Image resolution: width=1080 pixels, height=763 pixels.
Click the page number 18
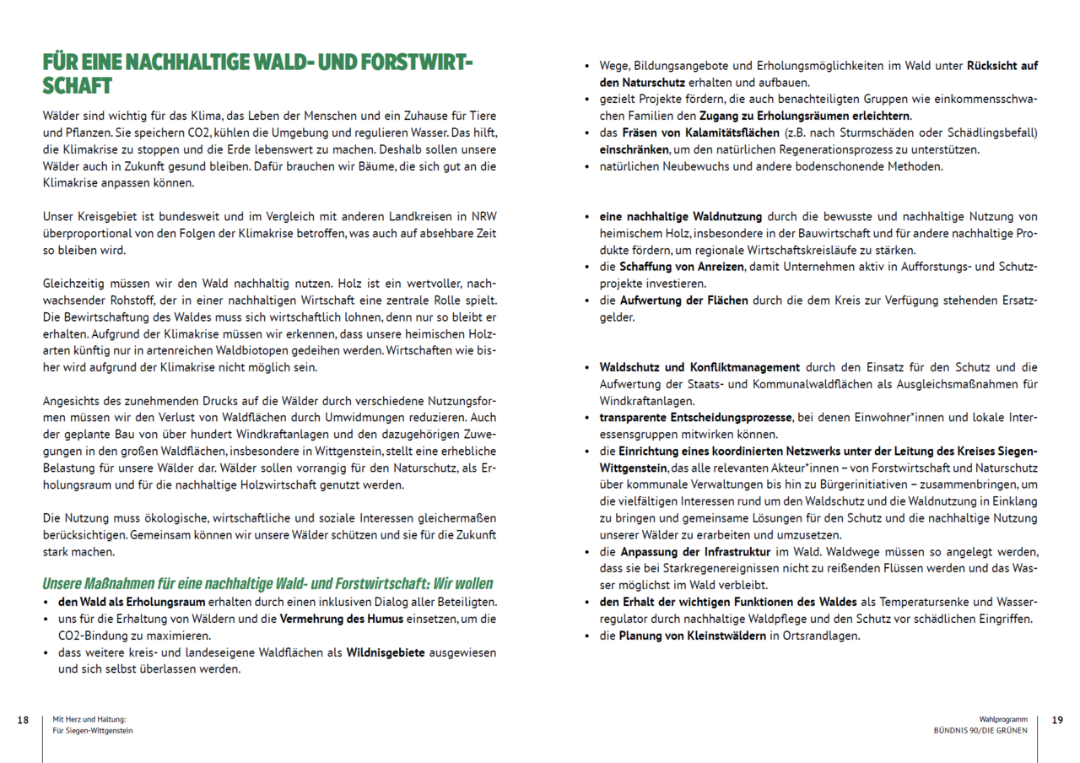click(x=23, y=720)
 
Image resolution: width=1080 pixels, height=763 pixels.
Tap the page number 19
click(x=1057, y=720)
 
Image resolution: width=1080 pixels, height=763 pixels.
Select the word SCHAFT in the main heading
click(x=78, y=86)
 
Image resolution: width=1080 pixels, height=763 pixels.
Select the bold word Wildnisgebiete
click(x=385, y=652)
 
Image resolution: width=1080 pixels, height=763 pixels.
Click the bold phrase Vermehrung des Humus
click(x=351, y=619)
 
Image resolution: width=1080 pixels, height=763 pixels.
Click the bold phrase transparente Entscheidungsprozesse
click(x=695, y=417)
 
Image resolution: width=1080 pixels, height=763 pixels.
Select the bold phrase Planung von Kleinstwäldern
click(x=692, y=636)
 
